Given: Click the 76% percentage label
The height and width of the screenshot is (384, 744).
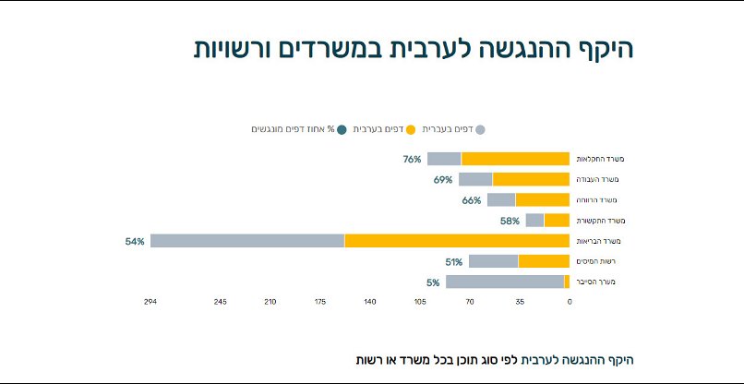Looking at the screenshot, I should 412,159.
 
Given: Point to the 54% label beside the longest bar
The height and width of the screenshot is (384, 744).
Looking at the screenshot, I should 135,241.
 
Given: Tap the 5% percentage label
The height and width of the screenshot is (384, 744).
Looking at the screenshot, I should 433,282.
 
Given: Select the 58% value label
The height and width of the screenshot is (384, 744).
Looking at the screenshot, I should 510,221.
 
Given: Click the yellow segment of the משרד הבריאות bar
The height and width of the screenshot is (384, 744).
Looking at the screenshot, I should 457,241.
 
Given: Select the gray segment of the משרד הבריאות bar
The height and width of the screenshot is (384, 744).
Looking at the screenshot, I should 247,241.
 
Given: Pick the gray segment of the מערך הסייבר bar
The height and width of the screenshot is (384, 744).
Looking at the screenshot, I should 505,282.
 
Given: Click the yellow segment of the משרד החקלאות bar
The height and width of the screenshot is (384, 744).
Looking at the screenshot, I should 515,159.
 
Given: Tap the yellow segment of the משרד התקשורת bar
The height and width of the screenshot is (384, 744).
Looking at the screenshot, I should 557,221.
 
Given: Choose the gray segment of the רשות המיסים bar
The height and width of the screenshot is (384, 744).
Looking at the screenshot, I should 493,261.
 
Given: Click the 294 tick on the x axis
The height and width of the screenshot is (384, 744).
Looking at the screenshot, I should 150,302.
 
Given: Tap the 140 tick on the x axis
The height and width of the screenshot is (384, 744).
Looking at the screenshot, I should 370,302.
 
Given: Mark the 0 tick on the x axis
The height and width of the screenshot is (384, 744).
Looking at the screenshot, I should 570,302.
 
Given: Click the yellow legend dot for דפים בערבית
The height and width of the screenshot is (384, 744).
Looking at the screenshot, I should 411,130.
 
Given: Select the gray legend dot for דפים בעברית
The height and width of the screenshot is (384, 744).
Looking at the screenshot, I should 479,130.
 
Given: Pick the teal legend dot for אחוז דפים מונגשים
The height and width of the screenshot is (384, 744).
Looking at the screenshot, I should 342,130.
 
